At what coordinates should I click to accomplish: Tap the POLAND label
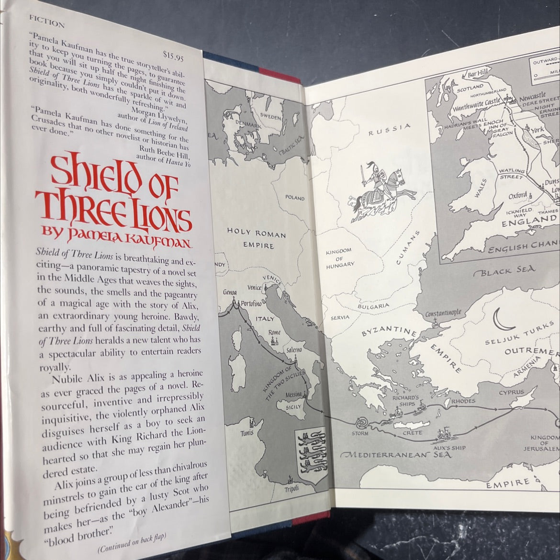(295, 197)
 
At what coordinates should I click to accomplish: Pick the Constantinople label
(443, 313)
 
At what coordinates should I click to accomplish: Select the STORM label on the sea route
(360, 433)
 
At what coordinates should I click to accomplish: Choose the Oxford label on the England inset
(517, 195)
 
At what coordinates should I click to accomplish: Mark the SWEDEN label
(270, 116)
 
